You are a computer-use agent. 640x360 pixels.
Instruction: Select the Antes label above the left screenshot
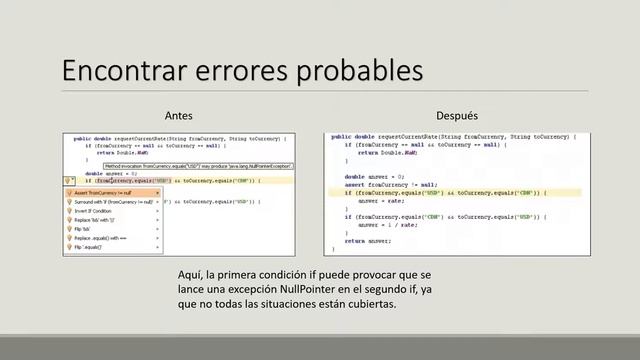pyautogui.click(x=178, y=116)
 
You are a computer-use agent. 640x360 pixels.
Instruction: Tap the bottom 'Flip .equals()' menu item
pyautogui.click(x=90, y=247)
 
